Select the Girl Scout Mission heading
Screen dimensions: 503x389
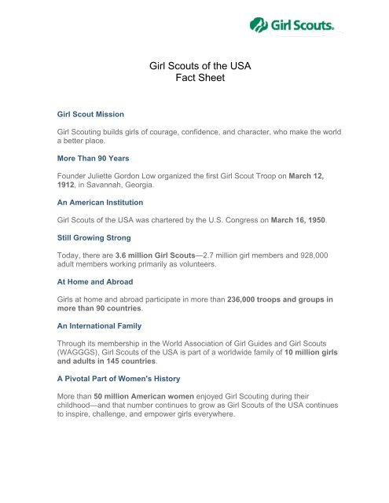(90, 114)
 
